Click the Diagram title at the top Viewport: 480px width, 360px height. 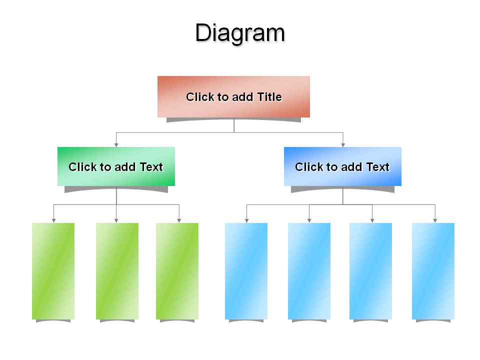(240, 33)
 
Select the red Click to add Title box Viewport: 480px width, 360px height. (233, 96)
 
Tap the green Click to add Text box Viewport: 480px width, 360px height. (116, 166)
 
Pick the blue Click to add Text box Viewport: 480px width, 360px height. (342, 166)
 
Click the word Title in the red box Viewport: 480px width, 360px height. (269, 97)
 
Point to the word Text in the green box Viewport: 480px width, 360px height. (151, 167)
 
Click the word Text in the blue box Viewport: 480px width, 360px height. (378, 167)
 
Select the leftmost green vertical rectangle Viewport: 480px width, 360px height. (53, 271)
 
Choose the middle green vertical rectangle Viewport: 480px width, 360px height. (117, 271)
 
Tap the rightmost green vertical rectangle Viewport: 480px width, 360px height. (177, 271)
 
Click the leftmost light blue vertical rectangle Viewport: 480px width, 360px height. (246, 271)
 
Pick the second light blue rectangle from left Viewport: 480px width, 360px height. (309, 271)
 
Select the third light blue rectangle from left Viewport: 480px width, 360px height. (370, 271)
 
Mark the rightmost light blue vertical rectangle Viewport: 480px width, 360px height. (433, 271)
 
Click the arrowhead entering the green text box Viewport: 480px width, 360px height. (116, 145)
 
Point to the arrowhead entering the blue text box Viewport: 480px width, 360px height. (343, 145)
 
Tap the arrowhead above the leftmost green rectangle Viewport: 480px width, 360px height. (54, 220)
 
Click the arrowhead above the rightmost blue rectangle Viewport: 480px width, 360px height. (435, 220)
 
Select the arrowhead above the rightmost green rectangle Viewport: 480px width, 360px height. (179, 220)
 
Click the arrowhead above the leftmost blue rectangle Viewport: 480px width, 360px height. (246, 220)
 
